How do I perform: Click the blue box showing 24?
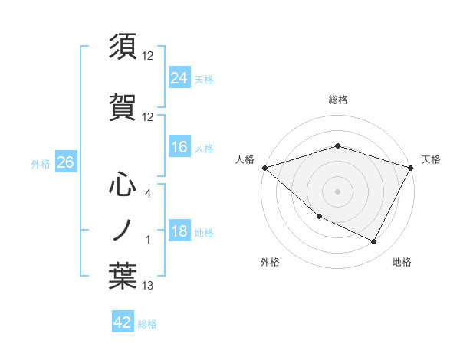click(179, 77)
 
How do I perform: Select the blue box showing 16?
click(179, 147)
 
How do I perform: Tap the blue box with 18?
click(179, 232)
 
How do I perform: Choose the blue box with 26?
click(66, 162)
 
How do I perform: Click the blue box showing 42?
click(123, 322)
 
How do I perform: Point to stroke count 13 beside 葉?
click(148, 286)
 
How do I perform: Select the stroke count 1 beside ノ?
click(148, 240)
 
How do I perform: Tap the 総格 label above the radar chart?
click(337, 100)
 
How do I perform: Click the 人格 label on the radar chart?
click(245, 159)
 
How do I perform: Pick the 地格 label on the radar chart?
click(402, 262)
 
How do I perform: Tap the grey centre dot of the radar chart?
click(337, 191)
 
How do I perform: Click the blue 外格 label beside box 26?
click(40, 163)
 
